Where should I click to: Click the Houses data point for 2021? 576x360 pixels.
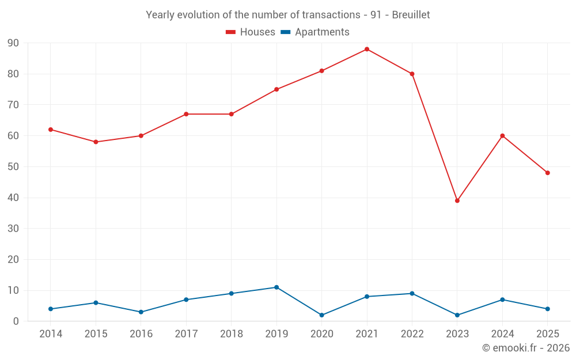[x=366, y=49]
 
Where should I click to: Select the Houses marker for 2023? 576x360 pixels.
[x=457, y=200]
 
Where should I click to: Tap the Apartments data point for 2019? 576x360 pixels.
[x=276, y=287]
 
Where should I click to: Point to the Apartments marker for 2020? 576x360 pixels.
[x=321, y=315]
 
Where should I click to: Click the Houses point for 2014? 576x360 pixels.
[x=50, y=130]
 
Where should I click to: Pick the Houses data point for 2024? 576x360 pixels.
[x=502, y=136]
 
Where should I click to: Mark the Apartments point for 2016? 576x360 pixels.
[x=141, y=312]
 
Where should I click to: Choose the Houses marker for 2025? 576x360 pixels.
[x=547, y=173]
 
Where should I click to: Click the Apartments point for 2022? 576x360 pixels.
[x=412, y=294]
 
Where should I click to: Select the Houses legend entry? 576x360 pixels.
[x=250, y=32]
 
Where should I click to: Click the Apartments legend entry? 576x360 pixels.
[x=315, y=32]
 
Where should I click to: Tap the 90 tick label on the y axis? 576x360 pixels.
[x=13, y=43]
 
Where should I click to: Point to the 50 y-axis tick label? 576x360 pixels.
[x=13, y=167]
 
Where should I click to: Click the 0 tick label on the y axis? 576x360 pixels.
[x=16, y=321]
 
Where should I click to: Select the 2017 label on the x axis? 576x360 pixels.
[x=186, y=334]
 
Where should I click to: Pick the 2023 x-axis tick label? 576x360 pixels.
[x=457, y=334]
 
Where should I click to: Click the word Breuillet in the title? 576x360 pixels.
[x=411, y=15]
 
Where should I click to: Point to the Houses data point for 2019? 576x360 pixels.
[x=276, y=89]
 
